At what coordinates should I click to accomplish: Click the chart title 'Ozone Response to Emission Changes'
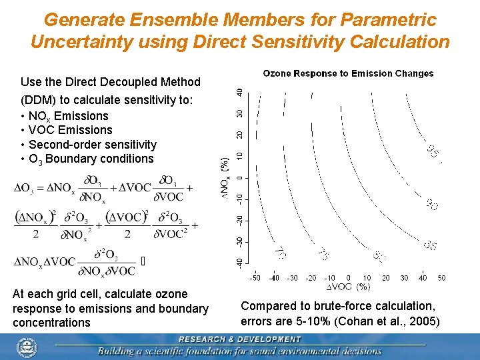click(x=348, y=73)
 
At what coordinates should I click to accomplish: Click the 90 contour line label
click(x=432, y=205)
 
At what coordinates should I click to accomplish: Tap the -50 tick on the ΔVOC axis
click(x=255, y=277)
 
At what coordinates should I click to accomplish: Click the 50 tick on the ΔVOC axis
click(x=441, y=277)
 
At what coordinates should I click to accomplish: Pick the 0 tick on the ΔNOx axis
click(x=240, y=177)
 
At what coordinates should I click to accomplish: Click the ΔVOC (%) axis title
click(x=348, y=287)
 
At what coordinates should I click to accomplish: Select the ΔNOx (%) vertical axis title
click(x=226, y=177)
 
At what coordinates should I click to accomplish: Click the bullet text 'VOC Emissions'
click(x=70, y=130)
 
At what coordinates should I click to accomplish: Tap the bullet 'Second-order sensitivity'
click(x=93, y=145)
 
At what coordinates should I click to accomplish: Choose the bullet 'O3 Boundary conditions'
click(x=91, y=159)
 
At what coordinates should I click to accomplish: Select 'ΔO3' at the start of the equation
click(x=25, y=188)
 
